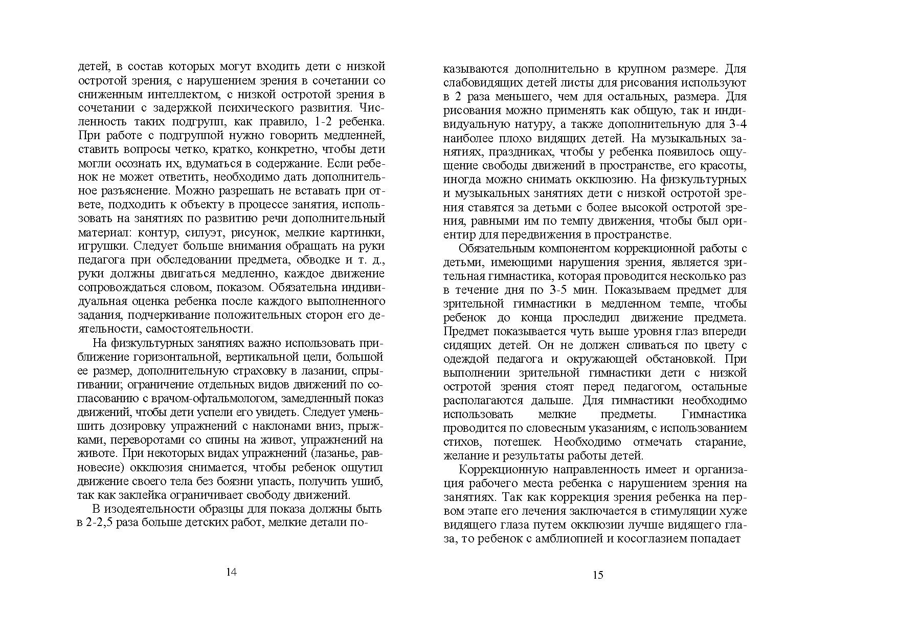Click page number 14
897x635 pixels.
pyautogui.click(x=231, y=572)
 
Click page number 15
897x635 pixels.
pyautogui.click(x=598, y=575)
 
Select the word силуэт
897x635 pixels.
pyautogui.click(x=196, y=233)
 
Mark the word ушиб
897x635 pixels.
pyautogui.click(x=369, y=481)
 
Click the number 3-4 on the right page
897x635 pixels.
pyautogui.click(x=734, y=124)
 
